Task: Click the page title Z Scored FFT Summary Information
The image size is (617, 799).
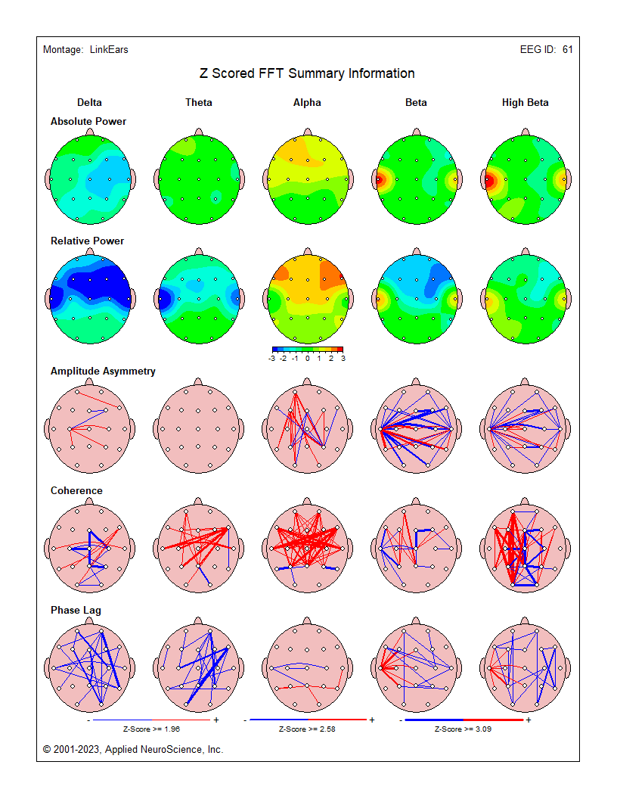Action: pyautogui.click(x=307, y=73)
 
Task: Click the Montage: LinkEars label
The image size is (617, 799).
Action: pyautogui.click(x=85, y=50)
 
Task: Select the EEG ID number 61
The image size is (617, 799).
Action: pyautogui.click(x=567, y=50)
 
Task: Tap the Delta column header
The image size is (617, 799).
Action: pyautogui.click(x=89, y=103)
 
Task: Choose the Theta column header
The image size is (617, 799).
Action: pyautogui.click(x=199, y=103)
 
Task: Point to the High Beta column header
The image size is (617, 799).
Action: pyautogui.click(x=525, y=103)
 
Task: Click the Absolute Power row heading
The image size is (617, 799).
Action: pyautogui.click(x=88, y=121)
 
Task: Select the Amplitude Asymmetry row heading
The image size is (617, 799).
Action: pyautogui.click(x=103, y=371)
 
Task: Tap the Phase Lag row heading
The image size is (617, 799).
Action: pyautogui.click(x=76, y=610)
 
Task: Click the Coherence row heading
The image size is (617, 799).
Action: pyautogui.click(x=76, y=490)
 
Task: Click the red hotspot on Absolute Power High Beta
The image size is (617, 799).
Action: pyautogui.click(x=490, y=181)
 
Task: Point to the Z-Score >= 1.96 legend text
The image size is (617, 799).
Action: pyautogui.click(x=152, y=729)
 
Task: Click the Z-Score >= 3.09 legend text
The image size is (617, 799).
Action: pyautogui.click(x=463, y=729)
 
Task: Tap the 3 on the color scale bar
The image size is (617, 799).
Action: pyautogui.click(x=343, y=359)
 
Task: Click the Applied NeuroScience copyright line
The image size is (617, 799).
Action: pyautogui.click(x=133, y=749)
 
